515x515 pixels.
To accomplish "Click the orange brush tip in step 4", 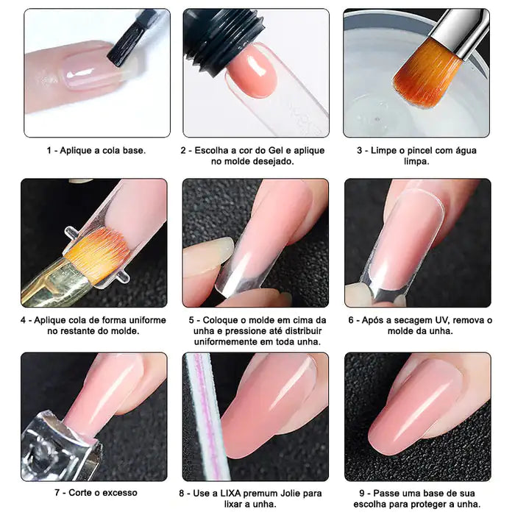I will pos(100,254).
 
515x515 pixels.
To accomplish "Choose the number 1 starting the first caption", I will pos(50,150).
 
